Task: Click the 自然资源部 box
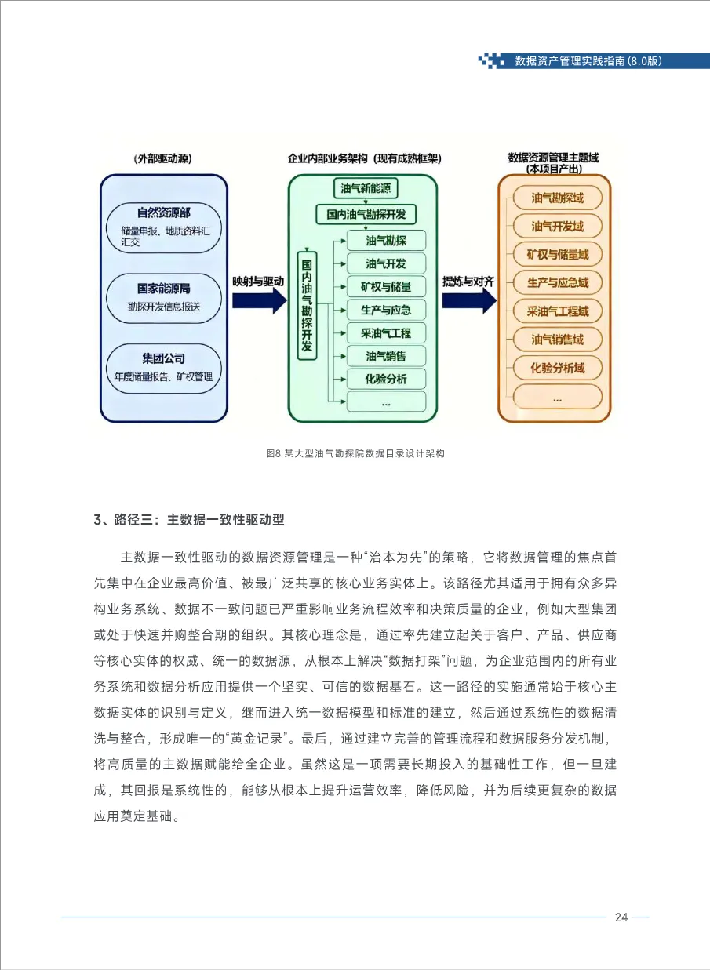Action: [x=163, y=227]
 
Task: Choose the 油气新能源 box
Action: [x=366, y=188]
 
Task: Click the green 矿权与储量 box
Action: [x=386, y=286]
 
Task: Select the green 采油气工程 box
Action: [x=386, y=332]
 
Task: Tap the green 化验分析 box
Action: [x=386, y=379]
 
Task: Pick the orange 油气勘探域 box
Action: [x=557, y=198]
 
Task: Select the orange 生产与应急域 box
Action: [x=557, y=282]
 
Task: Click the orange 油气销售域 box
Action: [x=557, y=340]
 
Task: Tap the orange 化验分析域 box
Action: [x=557, y=368]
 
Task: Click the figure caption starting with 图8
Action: [x=355, y=453]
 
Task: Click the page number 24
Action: [x=621, y=917]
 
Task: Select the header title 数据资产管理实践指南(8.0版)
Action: [x=588, y=60]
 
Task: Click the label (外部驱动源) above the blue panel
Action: [x=163, y=158]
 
